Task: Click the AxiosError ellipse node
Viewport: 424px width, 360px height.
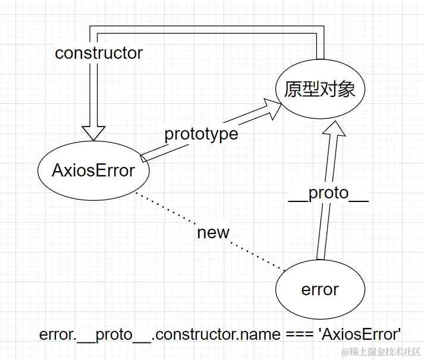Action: coord(93,170)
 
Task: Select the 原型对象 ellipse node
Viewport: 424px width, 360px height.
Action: coord(320,90)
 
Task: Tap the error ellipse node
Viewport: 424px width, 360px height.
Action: coord(320,289)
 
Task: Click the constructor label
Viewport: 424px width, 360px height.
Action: coord(99,53)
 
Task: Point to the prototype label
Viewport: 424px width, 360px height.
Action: coord(201,134)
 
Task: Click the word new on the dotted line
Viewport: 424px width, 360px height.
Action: coord(213,232)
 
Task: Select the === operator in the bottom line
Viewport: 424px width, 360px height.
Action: coord(297,334)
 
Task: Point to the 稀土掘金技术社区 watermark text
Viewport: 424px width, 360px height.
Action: coord(386,352)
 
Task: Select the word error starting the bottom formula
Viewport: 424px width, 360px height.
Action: coord(56,334)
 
